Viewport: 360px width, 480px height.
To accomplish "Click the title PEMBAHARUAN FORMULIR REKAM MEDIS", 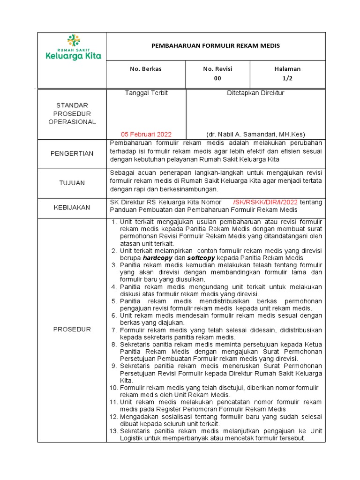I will pos(216,46).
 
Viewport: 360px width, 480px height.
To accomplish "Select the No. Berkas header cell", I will pos(146,69).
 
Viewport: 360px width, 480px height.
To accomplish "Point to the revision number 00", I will pos(217,78).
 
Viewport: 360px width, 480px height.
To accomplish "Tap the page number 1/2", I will pos(287,78).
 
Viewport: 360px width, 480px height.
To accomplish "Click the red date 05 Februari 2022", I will pos(146,134).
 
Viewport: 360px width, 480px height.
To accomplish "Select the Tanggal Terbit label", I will pos(146,93).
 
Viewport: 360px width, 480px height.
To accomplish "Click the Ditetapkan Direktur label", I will pos(255,93).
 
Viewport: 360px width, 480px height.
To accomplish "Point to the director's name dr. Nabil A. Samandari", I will pos(255,134).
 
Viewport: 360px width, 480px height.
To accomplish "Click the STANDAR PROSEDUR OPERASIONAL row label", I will pos(72,113).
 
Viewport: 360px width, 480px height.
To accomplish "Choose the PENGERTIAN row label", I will pos(72,153).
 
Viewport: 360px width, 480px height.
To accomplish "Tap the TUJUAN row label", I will pos(72,182).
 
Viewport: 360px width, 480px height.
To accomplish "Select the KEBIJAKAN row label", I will pos(72,207).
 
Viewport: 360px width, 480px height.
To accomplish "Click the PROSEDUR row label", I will pos(72,329).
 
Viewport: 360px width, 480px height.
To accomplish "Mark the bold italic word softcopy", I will pos(202,258).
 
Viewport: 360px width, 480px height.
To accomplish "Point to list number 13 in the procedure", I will pos(114,431).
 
